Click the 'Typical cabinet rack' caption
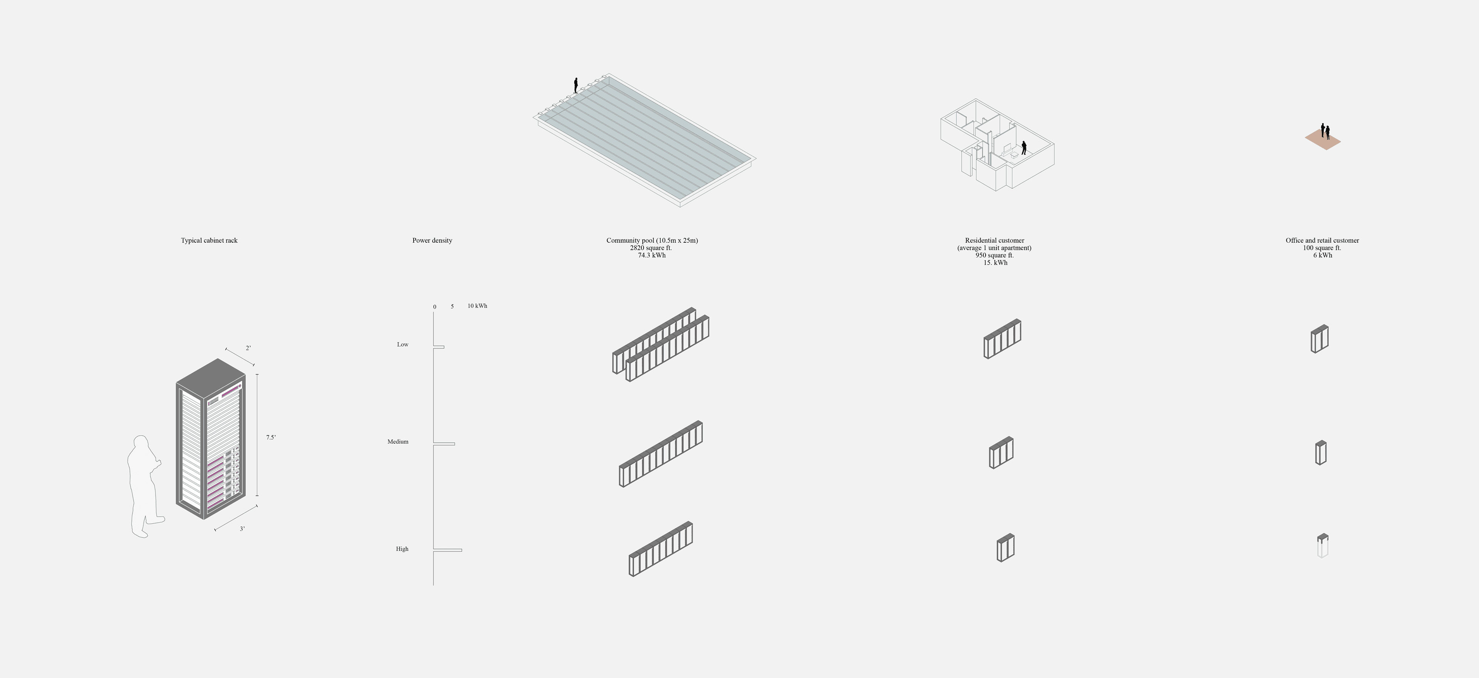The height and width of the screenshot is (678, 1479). [x=209, y=240]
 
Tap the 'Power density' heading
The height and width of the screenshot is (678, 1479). [x=432, y=240]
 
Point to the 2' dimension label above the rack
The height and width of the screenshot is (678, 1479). [x=248, y=348]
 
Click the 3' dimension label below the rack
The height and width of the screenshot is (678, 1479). [x=242, y=529]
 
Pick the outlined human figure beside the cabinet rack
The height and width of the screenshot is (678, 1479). [x=145, y=486]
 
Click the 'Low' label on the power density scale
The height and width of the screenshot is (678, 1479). [x=402, y=344]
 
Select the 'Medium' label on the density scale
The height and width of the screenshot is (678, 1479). [x=398, y=441]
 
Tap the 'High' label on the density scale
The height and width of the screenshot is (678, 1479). [x=402, y=549]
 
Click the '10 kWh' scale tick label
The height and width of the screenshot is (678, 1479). [x=477, y=306]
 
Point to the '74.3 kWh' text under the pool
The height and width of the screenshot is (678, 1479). [x=652, y=255]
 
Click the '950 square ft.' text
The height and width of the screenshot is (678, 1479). [x=994, y=255]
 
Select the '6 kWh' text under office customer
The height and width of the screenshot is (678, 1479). [x=1322, y=255]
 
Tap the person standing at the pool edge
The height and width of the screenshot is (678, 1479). [x=576, y=86]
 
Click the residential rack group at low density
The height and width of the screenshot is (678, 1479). [x=1003, y=339]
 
